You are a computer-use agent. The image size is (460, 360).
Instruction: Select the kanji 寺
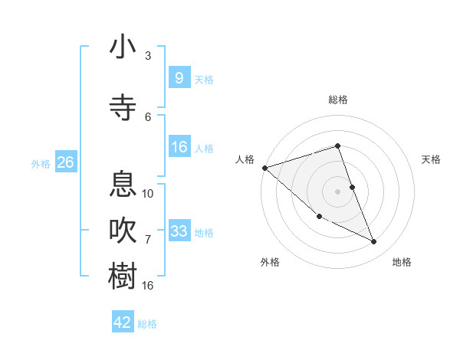[x=123, y=107]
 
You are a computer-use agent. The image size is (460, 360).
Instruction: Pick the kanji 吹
[x=123, y=230]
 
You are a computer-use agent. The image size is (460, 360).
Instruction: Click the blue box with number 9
[x=179, y=77]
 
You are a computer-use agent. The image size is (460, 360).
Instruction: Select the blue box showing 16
[x=179, y=147]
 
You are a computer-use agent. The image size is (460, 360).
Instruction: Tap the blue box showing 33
[x=179, y=231]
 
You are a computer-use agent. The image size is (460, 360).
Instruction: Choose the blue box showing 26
[x=65, y=162]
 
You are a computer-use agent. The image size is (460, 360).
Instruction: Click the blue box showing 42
[x=123, y=322]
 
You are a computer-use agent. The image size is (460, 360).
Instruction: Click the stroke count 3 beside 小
[x=148, y=56]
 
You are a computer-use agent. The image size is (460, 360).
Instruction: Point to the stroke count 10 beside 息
[x=148, y=193]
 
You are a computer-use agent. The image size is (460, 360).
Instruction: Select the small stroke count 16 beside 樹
[x=148, y=285]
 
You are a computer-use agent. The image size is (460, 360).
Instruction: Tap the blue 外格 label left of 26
[x=41, y=163]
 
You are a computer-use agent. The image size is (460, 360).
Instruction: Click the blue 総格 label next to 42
[x=147, y=324]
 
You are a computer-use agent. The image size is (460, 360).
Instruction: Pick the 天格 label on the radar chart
[x=432, y=159]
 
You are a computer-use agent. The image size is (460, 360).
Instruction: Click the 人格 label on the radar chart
[x=245, y=159]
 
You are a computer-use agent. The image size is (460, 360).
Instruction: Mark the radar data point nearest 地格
[x=374, y=242]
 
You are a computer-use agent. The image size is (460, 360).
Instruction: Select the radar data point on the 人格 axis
[x=264, y=168]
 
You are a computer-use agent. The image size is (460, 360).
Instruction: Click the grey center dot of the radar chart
[x=337, y=191]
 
